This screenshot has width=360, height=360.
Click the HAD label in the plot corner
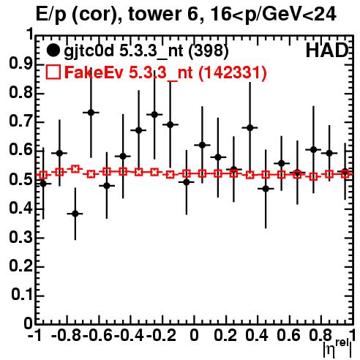coord(327,50)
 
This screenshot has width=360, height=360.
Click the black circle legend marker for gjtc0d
coord(53,50)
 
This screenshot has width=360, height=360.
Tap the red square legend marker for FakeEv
coord(53,72)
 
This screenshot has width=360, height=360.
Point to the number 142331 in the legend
coord(233,72)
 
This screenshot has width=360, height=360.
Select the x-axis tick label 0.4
coord(257,335)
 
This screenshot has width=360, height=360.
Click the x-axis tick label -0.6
coord(97,335)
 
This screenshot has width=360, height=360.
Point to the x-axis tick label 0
coord(194,335)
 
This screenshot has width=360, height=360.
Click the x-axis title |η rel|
coord(338,348)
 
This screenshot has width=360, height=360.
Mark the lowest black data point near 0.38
coord(75,214)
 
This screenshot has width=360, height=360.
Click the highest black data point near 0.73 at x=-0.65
coord(91,113)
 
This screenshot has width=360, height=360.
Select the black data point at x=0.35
coord(250,127)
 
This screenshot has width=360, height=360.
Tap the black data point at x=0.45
coord(266,189)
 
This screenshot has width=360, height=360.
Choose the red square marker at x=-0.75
coord(75,169)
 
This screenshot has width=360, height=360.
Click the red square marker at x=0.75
coord(314,177)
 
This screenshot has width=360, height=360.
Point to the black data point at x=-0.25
coord(154,114)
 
